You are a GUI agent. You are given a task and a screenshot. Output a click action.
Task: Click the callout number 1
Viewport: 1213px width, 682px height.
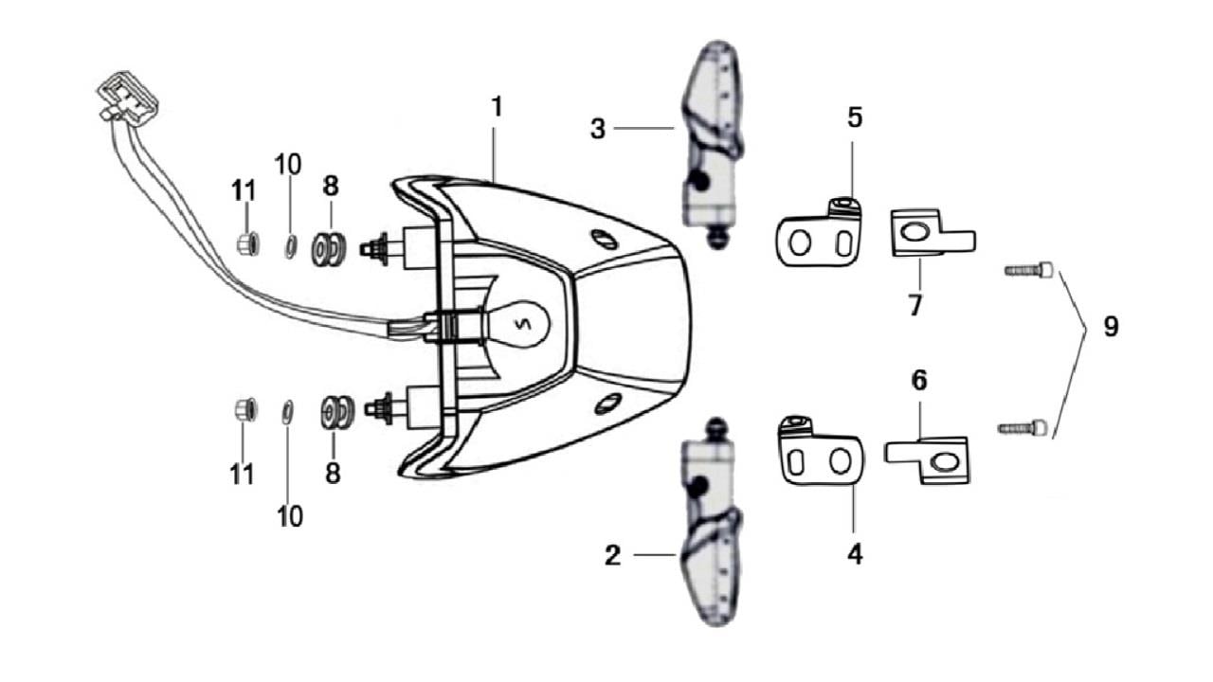(496, 107)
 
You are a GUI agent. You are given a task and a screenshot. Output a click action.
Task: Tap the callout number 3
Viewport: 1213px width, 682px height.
(597, 129)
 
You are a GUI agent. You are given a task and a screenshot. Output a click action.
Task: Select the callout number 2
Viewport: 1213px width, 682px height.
(612, 556)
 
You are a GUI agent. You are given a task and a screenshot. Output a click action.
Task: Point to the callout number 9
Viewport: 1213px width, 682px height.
(1111, 327)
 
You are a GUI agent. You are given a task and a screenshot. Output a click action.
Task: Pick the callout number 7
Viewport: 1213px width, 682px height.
(915, 306)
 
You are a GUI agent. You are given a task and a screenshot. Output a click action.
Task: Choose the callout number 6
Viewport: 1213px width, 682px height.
(919, 381)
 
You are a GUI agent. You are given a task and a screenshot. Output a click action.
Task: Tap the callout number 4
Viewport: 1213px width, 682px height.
(855, 554)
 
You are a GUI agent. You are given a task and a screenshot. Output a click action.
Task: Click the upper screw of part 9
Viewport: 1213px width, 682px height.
(1029, 271)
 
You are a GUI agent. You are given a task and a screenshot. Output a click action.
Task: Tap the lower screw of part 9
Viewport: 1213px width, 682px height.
(1023, 428)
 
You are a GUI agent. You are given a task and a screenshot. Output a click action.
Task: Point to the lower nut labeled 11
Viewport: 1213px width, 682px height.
(242, 411)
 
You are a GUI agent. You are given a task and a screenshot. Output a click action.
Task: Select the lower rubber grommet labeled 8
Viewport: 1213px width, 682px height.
(337, 413)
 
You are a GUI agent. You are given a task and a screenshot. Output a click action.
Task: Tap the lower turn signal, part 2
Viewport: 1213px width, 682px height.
(711, 530)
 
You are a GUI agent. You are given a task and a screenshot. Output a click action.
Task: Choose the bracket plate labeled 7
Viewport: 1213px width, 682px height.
(928, 233)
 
